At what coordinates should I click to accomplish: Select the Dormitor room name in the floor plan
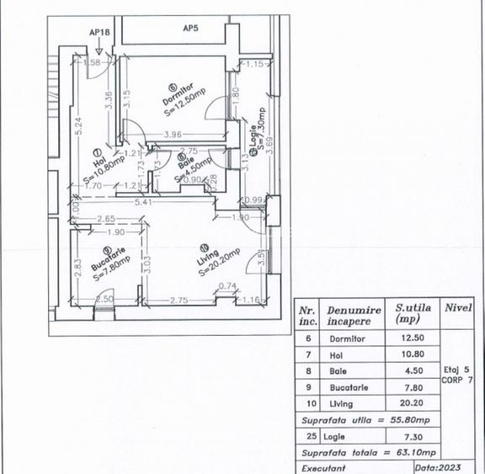pos(179,93)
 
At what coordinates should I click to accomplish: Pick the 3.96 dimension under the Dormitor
pos(173,135)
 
